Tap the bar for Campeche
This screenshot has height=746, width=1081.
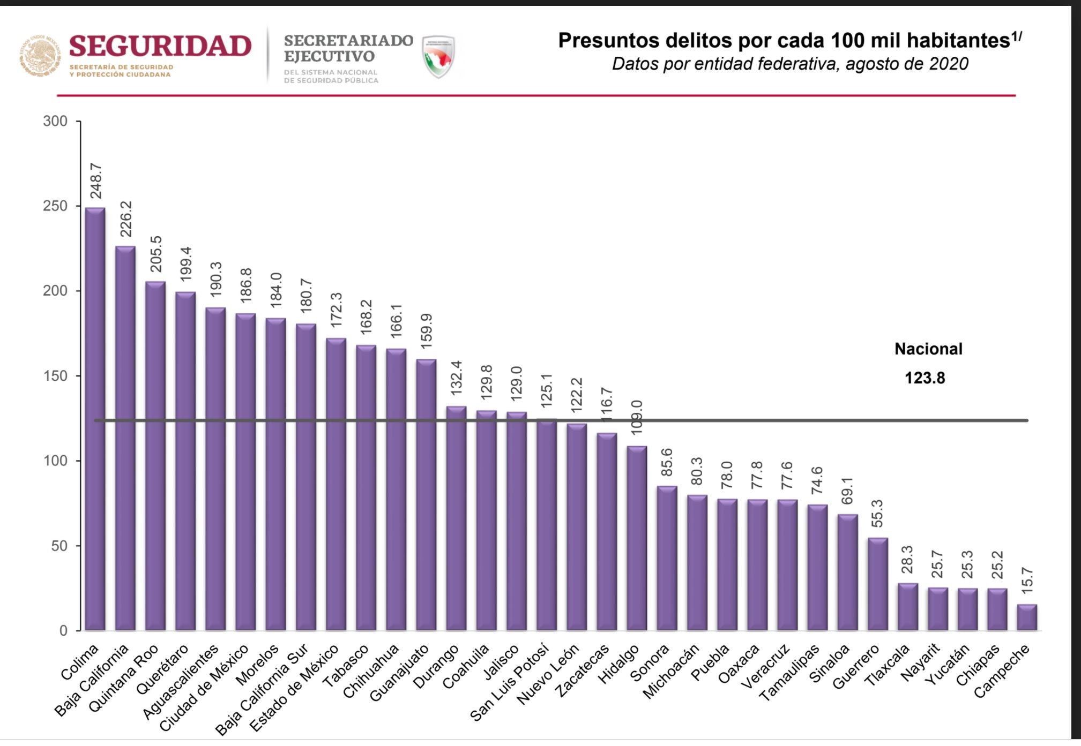1027,617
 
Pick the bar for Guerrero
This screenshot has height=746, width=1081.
877,584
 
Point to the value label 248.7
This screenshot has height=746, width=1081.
96,180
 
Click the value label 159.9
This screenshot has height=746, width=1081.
427,331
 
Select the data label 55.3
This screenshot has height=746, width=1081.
877,513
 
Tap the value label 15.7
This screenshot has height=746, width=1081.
1027,581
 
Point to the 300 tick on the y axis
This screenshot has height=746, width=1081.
55,121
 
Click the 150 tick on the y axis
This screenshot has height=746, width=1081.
55,376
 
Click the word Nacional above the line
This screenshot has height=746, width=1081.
928,349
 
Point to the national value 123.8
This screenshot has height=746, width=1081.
925,378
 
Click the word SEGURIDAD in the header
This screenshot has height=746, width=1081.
160,46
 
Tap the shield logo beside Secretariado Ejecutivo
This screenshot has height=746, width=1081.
438,56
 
